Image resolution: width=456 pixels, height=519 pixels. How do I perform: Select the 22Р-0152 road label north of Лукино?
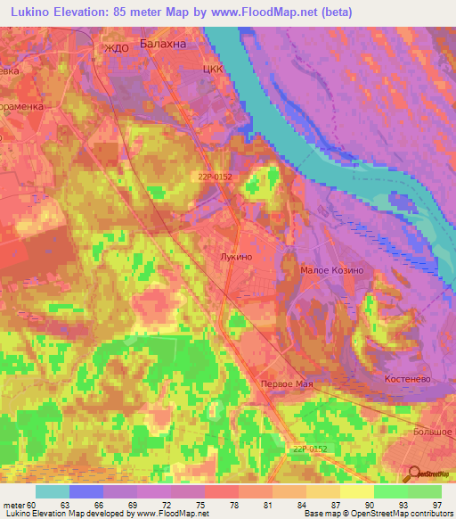point(215,177)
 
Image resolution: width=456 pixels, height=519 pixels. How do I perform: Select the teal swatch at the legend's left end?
point(53,491)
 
